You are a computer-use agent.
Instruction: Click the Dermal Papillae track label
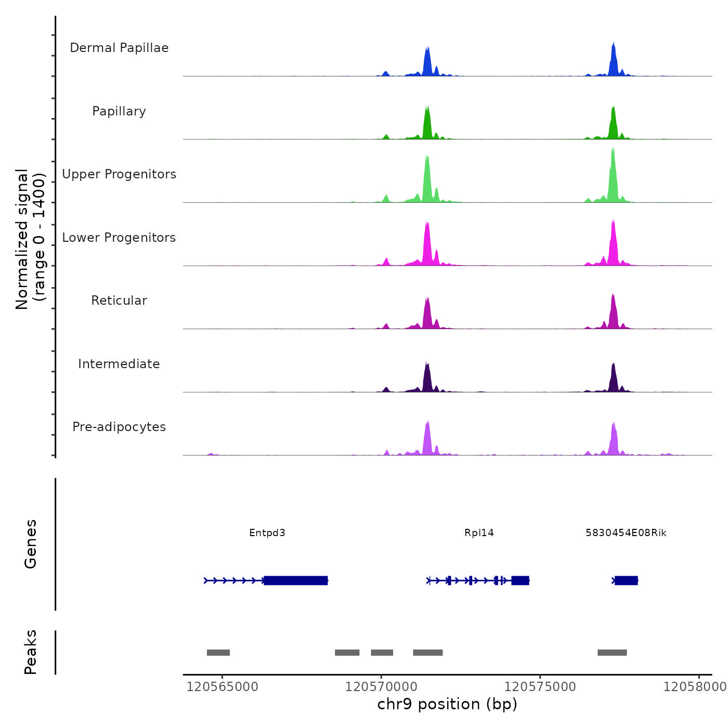point(119,48)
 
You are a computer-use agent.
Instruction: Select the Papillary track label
point(119,111)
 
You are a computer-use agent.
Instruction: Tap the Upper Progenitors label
point(119,174)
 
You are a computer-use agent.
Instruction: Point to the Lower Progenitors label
point(119,238)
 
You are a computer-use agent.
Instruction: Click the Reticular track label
point(119,301)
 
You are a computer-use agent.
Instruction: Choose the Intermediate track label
point(119,364)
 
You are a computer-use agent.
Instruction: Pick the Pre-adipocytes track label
point(119,427)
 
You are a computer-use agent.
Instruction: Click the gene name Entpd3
point(267,533)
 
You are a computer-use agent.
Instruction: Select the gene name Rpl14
point(479,533)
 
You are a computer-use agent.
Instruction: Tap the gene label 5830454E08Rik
point(626,533)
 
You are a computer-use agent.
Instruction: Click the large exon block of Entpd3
point(296,580)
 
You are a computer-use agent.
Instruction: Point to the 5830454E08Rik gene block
point(626,580)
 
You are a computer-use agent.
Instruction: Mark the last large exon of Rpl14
point(520,580)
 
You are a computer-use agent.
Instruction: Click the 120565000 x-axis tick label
point(222,687)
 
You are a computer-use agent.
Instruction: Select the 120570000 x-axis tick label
point(381,687)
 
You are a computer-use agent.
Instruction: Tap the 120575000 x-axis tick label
point(540,687)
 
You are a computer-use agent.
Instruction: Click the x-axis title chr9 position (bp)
point(447,704)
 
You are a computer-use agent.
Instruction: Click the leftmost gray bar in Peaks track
point(218,653)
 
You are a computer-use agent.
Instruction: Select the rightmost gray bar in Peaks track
point(612,653)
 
